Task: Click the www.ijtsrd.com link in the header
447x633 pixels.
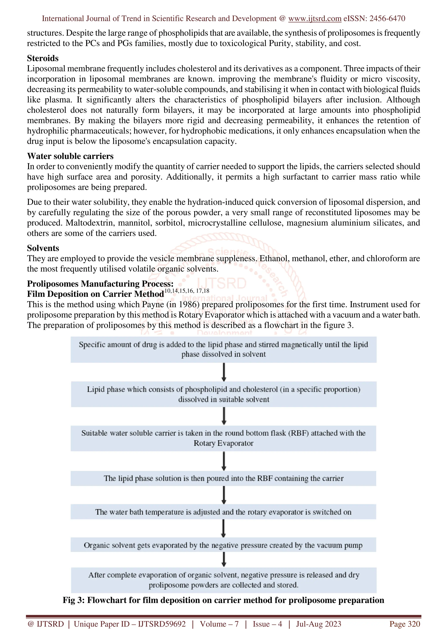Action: click(x=315, y=19)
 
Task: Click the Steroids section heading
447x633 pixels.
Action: click(x=43, y=58)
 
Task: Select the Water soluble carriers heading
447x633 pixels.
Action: click(x=70, y=156)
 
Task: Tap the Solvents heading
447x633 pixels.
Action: click(x=43, y=248)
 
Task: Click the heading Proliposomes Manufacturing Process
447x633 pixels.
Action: click(x=100, y=284)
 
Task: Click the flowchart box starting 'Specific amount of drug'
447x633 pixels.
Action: click(x=223, y=349)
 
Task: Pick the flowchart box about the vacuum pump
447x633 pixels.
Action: click(x=223, y=545)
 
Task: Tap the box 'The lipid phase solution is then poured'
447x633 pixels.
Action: click(x=223, y=478)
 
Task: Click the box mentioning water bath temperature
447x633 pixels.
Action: click(x=223, y=512)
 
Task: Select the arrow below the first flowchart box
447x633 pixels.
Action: click(x=224, y=372)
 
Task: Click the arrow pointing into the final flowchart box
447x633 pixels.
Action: click(x=224, y=560)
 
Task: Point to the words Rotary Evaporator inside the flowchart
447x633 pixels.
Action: click(x=223, y=443)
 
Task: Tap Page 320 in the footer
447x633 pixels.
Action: click(x=404, y=624)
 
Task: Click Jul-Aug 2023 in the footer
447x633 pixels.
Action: click(x=318, y=624)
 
